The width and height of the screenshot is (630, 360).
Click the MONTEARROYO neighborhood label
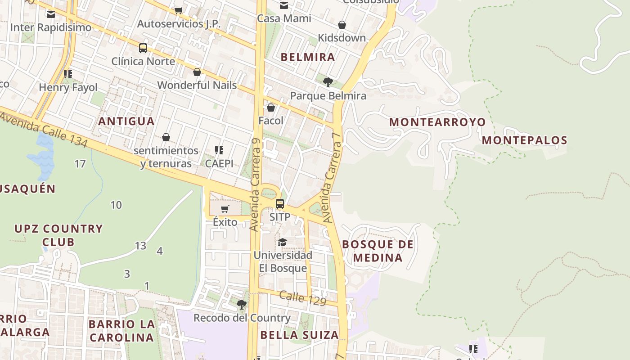(x=437, y=122)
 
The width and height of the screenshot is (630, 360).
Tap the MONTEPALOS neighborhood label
(x=524, y=140)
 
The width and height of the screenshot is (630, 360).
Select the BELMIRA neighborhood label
(x=308, y=57)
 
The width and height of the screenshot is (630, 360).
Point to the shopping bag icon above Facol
(x=271, y=108)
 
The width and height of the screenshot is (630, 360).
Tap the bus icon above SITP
(x=280, y=204)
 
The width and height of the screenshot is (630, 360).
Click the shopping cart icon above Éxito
(x=225, y=209)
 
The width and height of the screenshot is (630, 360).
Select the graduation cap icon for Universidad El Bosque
(x=282, y=242)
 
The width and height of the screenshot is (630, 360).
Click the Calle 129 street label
(x=302, y=298)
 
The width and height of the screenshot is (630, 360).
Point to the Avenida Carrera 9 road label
(x=255, y=184)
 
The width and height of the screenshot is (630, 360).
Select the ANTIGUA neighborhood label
(x=126, y=121)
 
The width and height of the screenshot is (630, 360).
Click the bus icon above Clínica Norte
(x=143, y=48)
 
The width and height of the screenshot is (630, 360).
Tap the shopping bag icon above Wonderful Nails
(x=197, y=72)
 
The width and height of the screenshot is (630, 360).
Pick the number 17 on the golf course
(x=80, y=164)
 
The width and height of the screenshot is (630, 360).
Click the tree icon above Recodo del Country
(x=242, y=305)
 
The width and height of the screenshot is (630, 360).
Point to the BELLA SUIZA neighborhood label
(x=299, y=335)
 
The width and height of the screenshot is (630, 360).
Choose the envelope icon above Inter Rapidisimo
(x=50, y=14)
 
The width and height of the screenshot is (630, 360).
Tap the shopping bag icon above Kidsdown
(x=342, y=25)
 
